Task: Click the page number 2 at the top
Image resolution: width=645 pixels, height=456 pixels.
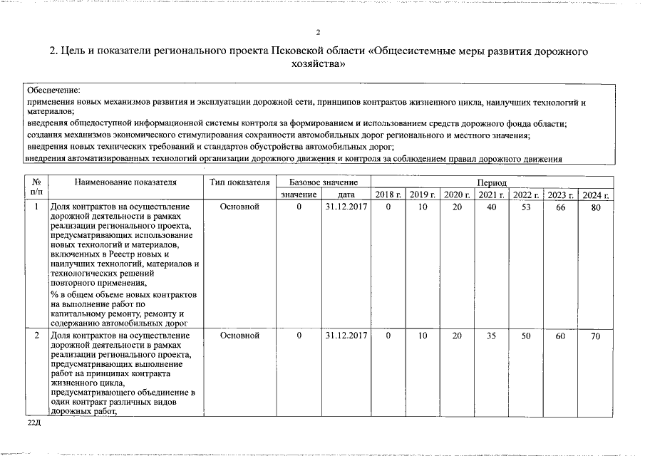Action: pyautogui.click(x=319, y=32)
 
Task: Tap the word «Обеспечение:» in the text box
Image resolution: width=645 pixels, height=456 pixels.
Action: pyautogui.click(x=53, y=90)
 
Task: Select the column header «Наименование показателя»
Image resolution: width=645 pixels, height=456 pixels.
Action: pyautogui.click(x=125, y=182)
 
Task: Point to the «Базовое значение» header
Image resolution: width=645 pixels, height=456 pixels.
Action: pyautogui.click(x=324, y=182)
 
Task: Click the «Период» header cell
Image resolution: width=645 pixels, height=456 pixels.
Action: pyautogui.click(x=492, y=183)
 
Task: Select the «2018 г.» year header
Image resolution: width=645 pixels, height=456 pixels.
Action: pyautogui.click(x=388, y=195)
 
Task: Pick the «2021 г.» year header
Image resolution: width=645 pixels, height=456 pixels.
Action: pyautogui.click(x=491, y=195)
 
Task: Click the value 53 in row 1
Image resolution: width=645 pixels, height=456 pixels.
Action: pyautogui.click(x=526, y=207)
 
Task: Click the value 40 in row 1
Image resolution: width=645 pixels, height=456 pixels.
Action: pyautogui.click(x=491, y=207)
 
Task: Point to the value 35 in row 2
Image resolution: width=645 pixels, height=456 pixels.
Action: pyautogui.click(x=491, y=336)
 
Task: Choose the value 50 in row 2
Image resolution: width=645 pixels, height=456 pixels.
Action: pyautogui.click(x=526, y=336)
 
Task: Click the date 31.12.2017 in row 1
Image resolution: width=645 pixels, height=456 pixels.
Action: pyautogui.click(x=346, y=207)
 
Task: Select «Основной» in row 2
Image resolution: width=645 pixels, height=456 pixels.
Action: pyautogui.click(x=239, y=336)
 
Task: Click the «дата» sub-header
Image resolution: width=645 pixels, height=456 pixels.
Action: pyautogui.click(x=346, y=195)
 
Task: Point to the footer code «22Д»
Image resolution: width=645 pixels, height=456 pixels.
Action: pyautogui.click(x=35, y=424)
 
